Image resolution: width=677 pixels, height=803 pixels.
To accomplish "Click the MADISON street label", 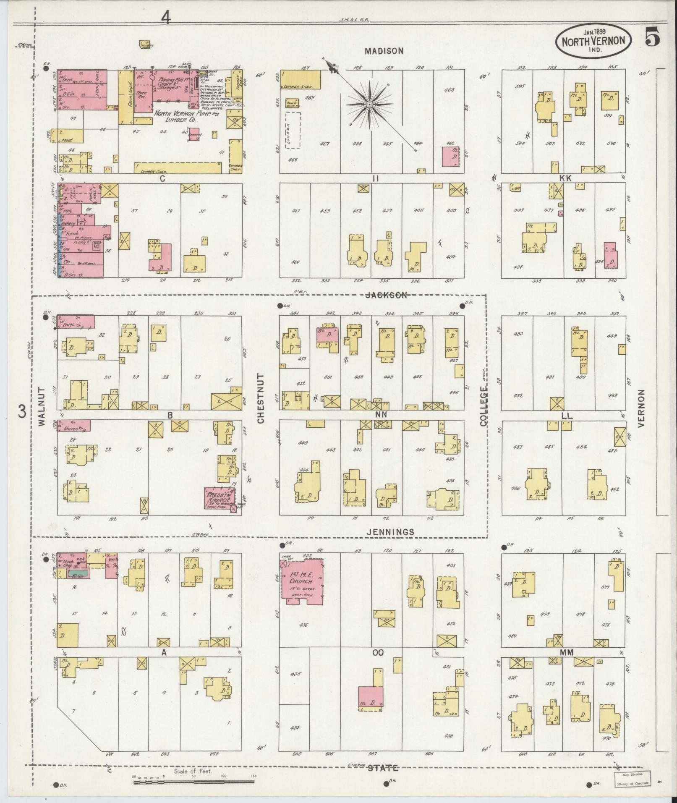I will click(x=384, y=51).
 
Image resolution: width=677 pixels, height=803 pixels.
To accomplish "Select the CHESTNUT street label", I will click(x=260, y=398).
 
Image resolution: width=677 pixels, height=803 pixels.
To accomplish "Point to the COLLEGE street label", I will click(x=484, y=406).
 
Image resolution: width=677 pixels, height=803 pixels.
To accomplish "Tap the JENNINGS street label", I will click(x=390, y=532).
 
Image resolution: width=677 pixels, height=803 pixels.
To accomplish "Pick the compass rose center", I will click(x=369, y=104).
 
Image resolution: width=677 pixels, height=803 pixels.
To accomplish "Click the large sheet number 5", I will click(x=651, y=37).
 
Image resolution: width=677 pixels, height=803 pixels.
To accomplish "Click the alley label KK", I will click(x=566, y=178).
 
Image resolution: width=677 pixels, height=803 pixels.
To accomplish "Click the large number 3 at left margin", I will click(x=22, y=412).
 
